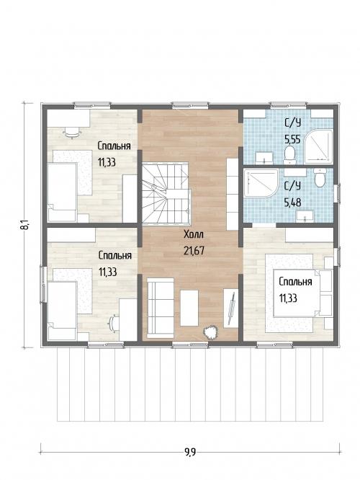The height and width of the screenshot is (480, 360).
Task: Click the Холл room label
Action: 194,235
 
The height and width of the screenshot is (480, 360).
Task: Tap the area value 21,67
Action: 194,251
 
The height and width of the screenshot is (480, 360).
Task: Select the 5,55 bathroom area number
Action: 292,140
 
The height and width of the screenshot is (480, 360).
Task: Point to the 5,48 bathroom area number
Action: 292,203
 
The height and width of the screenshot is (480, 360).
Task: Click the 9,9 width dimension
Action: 190,452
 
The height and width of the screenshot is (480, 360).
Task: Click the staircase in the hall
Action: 166,193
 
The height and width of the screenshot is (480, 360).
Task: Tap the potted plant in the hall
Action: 210,332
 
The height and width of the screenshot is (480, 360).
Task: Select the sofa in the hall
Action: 161,308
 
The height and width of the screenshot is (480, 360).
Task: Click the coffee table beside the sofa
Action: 189,308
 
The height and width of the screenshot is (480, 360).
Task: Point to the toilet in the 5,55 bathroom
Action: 289,154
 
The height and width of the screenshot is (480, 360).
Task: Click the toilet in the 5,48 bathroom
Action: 320,178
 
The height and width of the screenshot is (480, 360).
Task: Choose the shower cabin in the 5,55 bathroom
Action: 318,147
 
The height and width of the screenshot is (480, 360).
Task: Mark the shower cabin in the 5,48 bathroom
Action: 261,184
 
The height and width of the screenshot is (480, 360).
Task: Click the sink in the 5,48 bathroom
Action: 305,215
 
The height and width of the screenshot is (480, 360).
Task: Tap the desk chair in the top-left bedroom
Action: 72,132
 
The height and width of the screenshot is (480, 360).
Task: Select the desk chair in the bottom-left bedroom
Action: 114,324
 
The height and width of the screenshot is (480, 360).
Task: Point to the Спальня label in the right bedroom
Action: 295,282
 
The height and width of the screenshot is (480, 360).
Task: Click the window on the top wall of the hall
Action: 190,106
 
